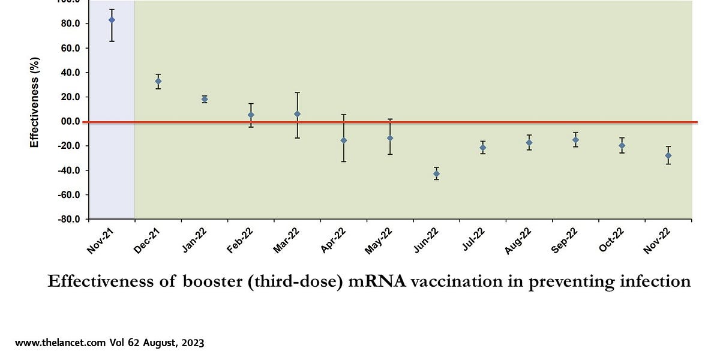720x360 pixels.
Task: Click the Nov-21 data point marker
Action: coord(112,20)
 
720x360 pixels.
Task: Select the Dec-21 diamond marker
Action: coord(158,81)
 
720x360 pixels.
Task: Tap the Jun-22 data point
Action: coord(436,174)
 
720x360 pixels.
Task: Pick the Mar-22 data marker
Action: coord(297,114)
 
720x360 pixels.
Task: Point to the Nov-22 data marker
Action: coord(668,155)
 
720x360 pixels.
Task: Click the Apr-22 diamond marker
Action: coord(343,140)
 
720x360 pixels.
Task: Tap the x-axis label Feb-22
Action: coord(241,241)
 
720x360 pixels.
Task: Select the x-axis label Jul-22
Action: coord(473,241)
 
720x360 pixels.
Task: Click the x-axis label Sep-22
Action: coord(566,241)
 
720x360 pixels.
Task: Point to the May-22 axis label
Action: coord(380,241)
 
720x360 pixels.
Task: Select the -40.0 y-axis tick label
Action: coord(70,170)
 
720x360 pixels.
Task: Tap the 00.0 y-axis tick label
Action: coord(70,121)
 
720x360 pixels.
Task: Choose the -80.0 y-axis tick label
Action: coord(70,219)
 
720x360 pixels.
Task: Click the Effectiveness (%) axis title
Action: coord(35,102)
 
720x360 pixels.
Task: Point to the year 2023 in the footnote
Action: coord(191,343)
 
